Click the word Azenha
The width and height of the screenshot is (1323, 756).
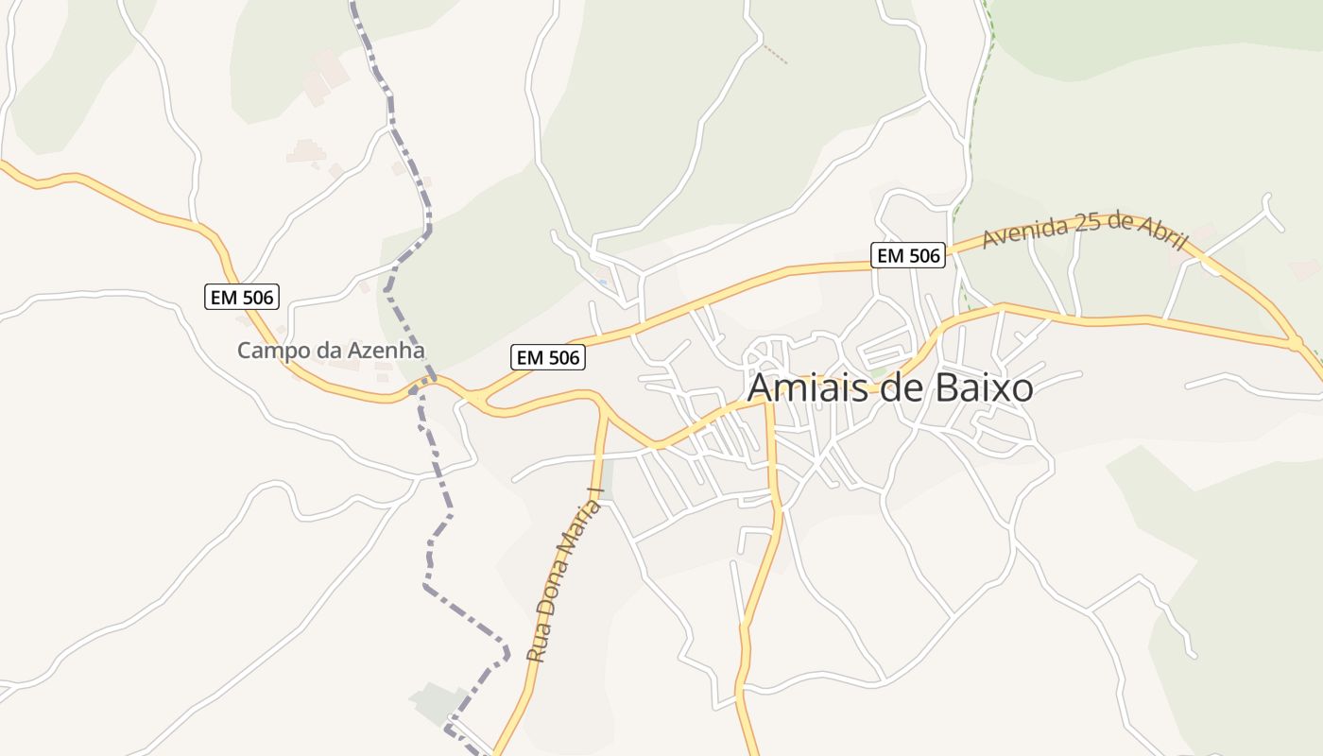pos(387,351)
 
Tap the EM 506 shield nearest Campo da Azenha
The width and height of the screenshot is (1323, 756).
pos(241,297)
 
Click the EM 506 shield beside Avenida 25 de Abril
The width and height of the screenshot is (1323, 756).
pos(907,255)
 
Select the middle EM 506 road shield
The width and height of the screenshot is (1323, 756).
pos(548,357)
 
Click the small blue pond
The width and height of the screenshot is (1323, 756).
pos(602,282)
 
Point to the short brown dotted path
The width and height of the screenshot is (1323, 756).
pos(775,54)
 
